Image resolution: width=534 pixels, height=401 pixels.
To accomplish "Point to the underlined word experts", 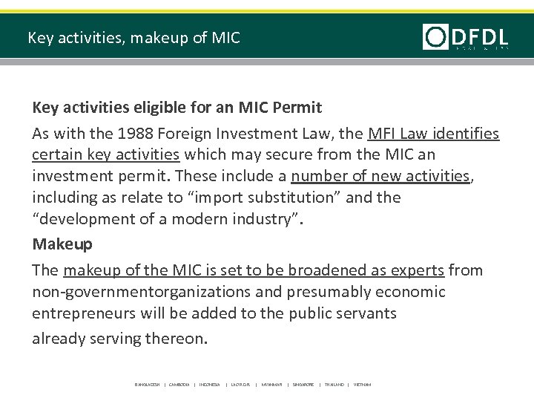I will [x=418, y=270].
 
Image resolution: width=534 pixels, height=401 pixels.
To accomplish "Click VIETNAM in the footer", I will [x=362, y=385].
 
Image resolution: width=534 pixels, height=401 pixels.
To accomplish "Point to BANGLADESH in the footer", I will [x=148, y=385].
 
